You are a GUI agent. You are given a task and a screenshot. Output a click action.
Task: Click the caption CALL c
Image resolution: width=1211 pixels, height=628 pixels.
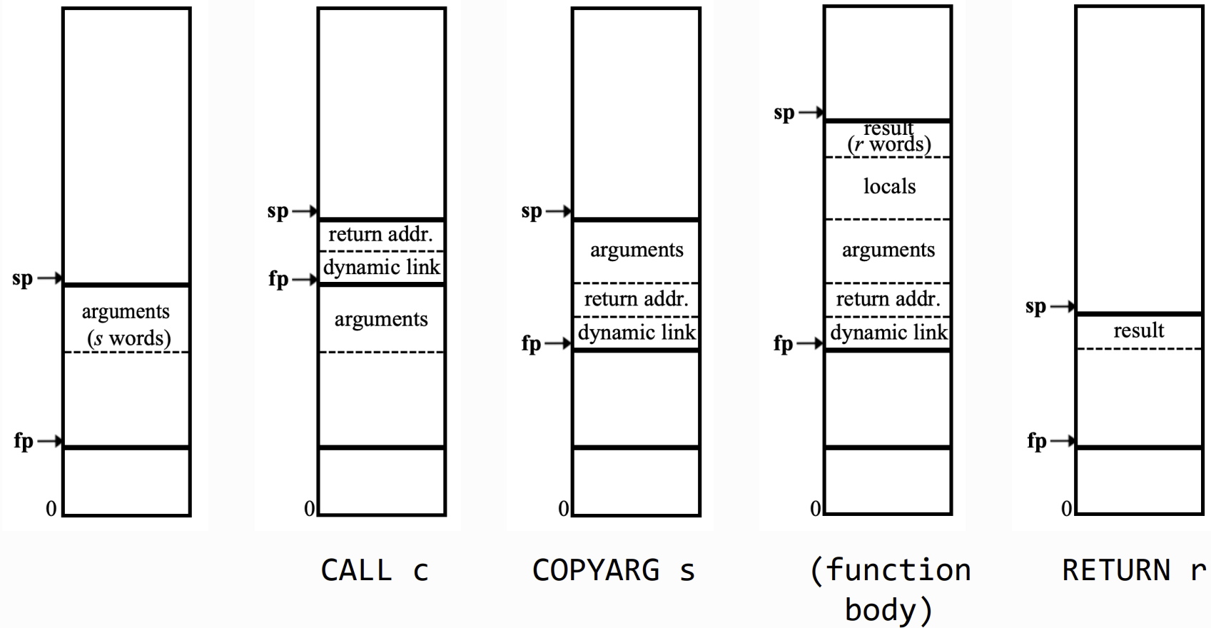coord(375,570)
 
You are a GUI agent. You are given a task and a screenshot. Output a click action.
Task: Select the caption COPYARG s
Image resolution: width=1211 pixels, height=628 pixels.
coord(613,570)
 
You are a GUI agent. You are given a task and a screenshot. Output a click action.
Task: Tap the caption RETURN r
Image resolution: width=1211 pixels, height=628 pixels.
coord(1134,570)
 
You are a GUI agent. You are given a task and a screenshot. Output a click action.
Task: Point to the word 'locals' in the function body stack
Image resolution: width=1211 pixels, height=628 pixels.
coord(889,187)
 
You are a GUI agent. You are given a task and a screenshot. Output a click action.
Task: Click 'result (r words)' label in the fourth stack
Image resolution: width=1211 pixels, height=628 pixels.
coord(889,137)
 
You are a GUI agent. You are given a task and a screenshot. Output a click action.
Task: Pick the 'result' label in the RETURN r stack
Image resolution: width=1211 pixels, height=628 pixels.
coord(1139,330)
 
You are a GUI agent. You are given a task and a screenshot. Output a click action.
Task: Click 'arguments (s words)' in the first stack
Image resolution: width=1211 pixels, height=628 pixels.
coord(127,325)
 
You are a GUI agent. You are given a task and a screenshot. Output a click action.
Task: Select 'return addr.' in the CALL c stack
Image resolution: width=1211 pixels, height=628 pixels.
coord(380,235)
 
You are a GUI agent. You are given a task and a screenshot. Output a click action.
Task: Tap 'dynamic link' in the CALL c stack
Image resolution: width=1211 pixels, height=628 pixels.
coord(382,268)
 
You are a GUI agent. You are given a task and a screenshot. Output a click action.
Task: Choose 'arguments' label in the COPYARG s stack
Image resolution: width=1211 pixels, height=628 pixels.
coord(637,250)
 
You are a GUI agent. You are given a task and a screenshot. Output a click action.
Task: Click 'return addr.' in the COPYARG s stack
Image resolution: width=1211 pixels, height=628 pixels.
coord(637,299)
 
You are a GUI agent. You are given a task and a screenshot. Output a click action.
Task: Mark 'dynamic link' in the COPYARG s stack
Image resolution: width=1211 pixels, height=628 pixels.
coord(637,333)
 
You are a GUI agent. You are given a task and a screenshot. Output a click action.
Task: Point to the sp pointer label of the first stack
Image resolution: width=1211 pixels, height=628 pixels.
coord(22,278)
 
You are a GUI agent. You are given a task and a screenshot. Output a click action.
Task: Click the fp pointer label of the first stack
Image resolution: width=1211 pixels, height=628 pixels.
coord(24,441)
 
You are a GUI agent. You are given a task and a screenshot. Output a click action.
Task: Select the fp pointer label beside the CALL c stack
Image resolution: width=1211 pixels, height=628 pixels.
coord(278,278)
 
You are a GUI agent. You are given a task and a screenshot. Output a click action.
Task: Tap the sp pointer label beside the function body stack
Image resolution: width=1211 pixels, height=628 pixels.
coord(784,113)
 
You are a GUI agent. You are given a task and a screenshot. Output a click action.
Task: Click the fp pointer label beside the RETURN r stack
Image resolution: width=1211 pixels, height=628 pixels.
coord(1037,441)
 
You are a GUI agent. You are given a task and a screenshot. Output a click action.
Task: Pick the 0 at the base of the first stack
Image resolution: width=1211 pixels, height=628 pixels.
coord(51,509)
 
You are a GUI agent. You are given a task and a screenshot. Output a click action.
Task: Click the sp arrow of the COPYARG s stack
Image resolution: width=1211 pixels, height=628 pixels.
coord(558,211)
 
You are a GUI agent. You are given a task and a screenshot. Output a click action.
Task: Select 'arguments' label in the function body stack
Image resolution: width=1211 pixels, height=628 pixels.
coord(888,250)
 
